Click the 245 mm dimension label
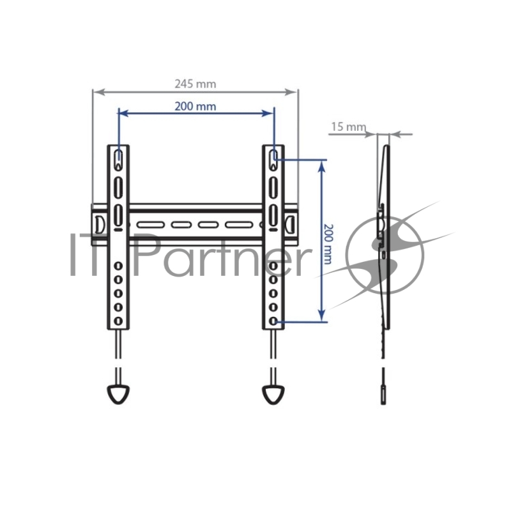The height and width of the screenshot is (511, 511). coord(195,84)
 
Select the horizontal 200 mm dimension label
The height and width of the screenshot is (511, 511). coord(195,107)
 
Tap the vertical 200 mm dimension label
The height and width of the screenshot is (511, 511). coord(328,244)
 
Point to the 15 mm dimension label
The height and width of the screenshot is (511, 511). coord(349,126)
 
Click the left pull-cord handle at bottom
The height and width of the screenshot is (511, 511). coord(118,394)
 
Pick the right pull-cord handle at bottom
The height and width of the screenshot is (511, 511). coord(273,394)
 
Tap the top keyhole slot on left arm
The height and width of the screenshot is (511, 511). coord(118,160)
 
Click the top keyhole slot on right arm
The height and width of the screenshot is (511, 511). coord(273,160)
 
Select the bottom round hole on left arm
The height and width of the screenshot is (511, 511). coord(118,321)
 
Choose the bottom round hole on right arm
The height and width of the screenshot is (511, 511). coord(273,321)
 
